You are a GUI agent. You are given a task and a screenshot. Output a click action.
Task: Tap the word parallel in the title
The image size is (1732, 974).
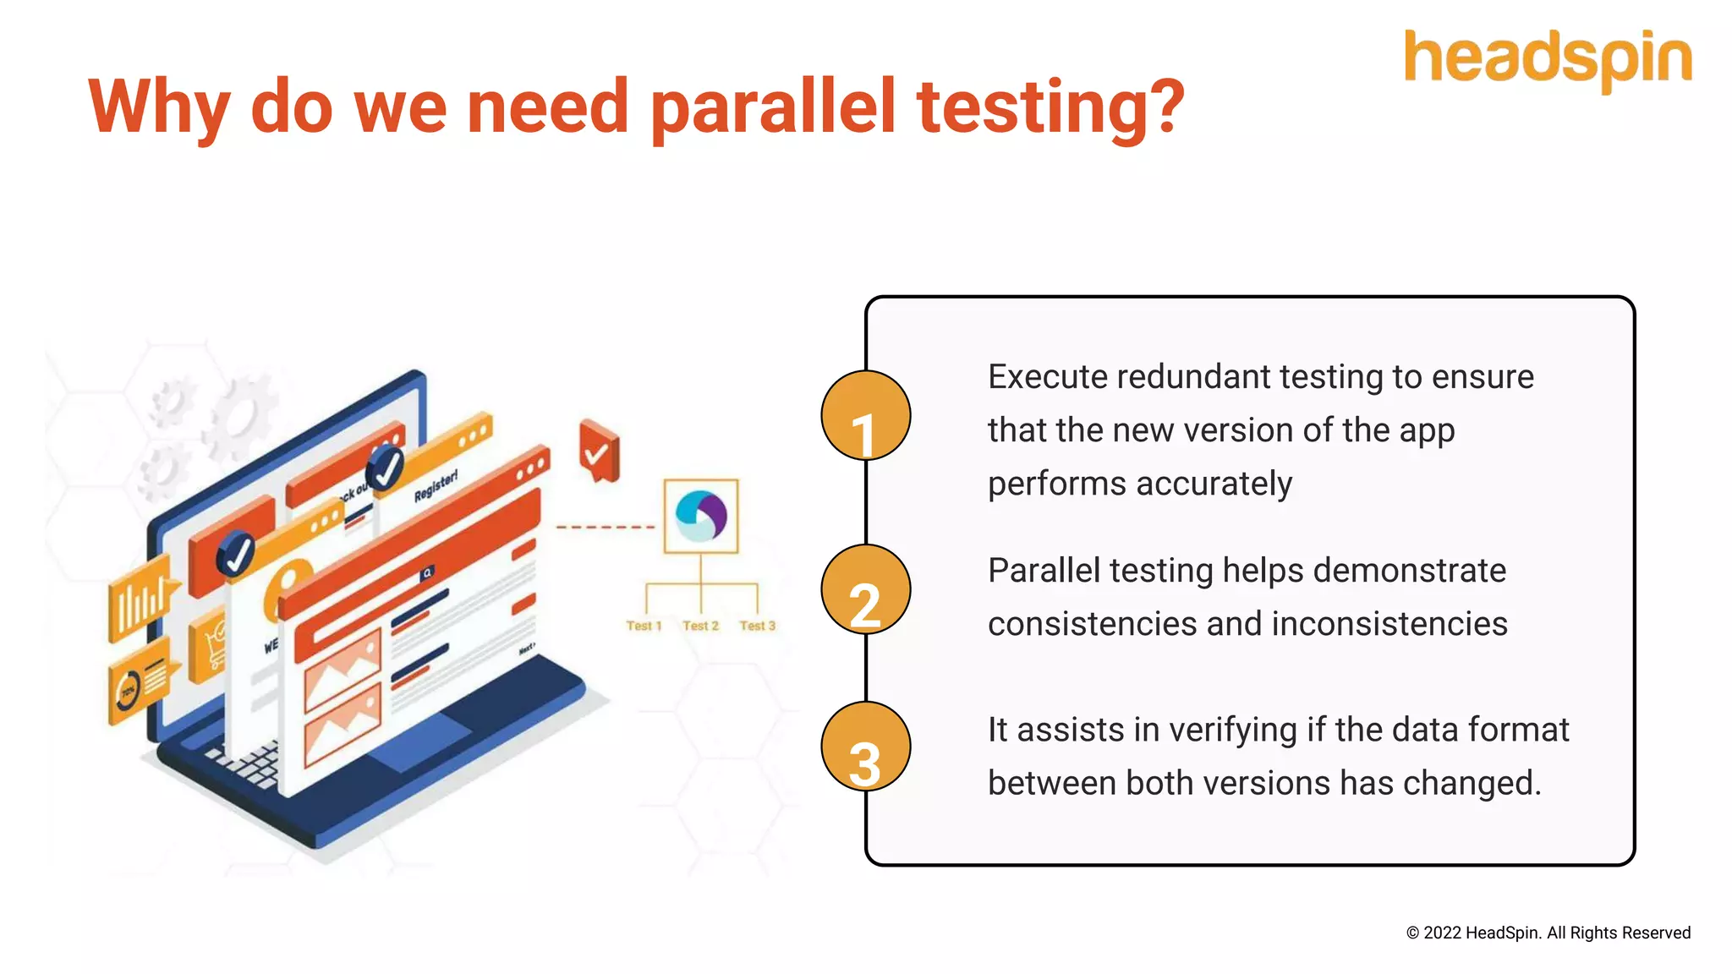coord(774,108)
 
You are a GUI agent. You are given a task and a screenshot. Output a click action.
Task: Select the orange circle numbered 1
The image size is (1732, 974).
coord(865,416)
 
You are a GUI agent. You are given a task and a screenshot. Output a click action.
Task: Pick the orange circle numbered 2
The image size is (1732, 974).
coord(865,590)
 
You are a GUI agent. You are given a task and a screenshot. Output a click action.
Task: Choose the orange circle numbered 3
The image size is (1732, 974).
coord(865,747)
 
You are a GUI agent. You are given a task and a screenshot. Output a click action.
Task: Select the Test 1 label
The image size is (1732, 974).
coord(644,626)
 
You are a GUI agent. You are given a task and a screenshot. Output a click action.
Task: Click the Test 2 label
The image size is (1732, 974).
coord(700,626)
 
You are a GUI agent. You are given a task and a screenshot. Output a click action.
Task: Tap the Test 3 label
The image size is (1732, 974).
coord(757,626)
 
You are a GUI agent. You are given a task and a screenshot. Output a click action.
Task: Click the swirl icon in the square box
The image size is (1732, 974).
coord(701,516)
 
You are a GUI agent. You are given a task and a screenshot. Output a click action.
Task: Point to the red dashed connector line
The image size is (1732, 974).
coord(606,528)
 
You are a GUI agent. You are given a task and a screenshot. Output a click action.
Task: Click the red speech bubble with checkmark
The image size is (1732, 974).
coord(599,451)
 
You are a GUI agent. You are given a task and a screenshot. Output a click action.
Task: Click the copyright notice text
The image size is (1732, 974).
coord(1548,933)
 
